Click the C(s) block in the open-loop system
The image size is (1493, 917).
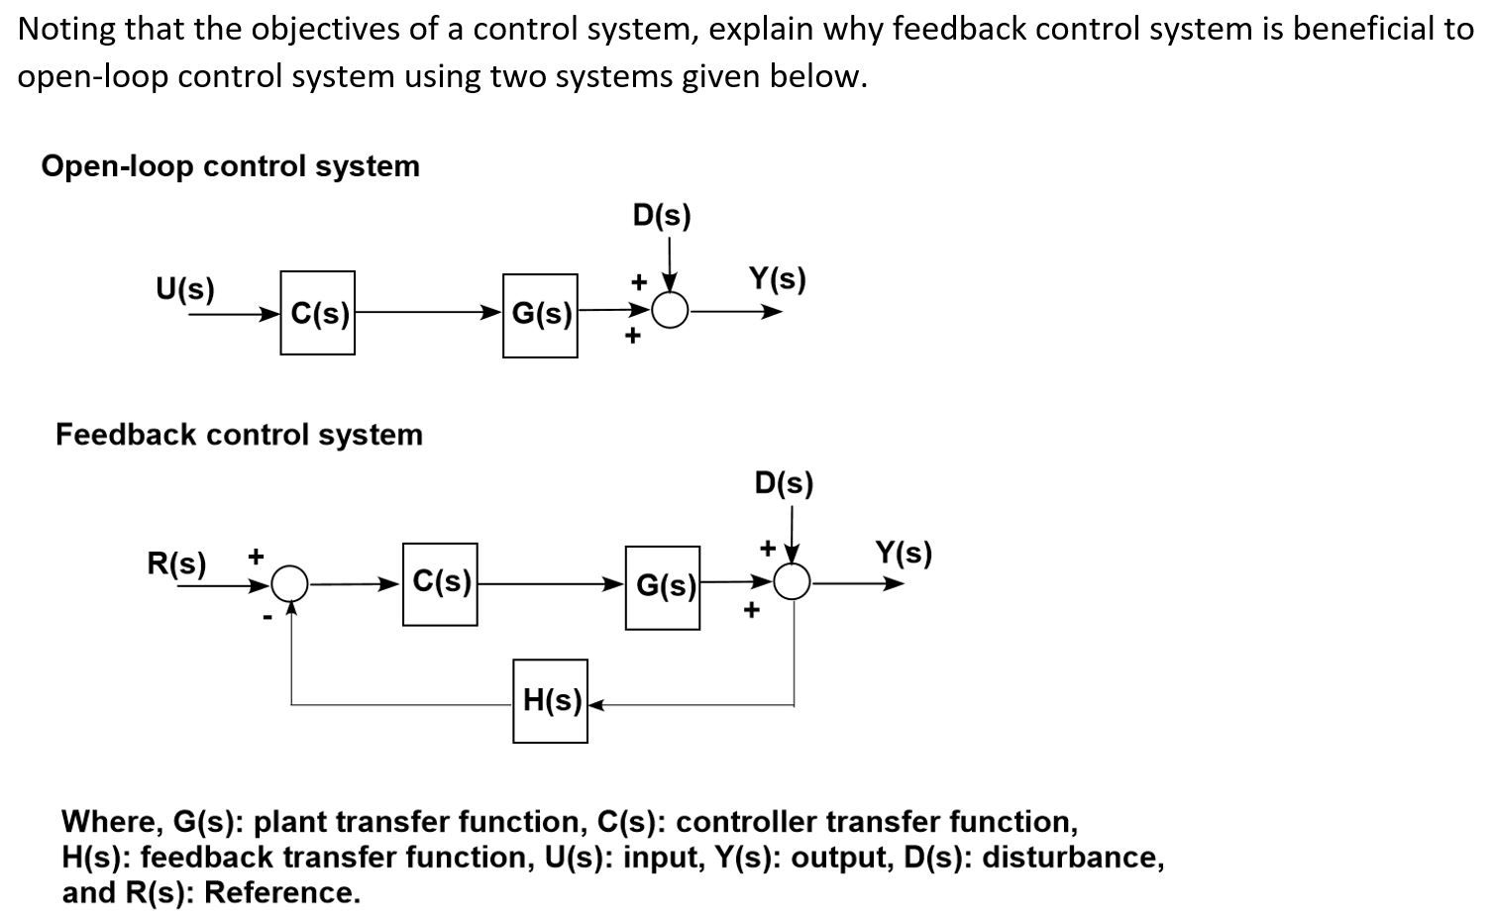click(317, 313)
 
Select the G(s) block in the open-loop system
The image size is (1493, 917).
click(540, 315)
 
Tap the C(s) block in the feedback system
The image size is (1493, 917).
click(440, 583)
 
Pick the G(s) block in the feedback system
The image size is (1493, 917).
click(663, 586)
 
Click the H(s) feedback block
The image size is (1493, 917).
click(550, 701)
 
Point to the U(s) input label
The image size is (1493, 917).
click(185, 289)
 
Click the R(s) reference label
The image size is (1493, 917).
click(176, 563)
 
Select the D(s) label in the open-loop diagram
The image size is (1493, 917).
click(661, 215)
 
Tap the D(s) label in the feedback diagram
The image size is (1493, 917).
click(784, 483)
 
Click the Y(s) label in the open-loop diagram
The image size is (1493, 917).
click(777, 279)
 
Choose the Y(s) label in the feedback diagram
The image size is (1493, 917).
click(903, 553)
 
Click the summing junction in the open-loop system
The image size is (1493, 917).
click(672, 312)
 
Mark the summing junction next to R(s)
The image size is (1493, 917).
click(290, 583)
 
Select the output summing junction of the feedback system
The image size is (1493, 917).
click(792, 583)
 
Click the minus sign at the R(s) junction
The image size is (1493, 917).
click(266, 617)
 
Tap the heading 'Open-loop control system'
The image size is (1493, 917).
click(230, 165)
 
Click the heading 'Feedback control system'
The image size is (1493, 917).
click(239, 434)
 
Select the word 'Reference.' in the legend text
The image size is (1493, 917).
click(281, 892)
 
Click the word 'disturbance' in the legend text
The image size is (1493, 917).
click(1072, 857)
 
